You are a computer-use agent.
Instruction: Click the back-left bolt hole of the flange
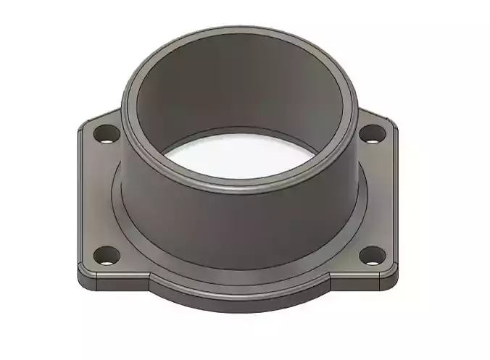[x=107, y=134]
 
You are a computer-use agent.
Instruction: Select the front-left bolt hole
[x=107, y=255]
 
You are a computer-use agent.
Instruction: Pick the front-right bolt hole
[x=373, y=254]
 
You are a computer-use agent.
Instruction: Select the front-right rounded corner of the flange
[x=395, y=274]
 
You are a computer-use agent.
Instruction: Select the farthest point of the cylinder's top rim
[x=239, y=30]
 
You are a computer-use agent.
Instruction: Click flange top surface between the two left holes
[x=98, y=196]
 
